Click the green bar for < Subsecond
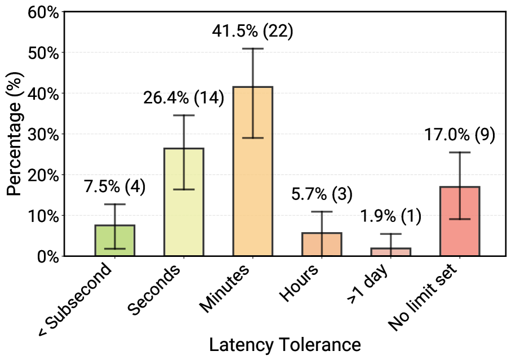click(114, 241)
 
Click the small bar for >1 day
click(391, 252)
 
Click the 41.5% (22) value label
click(252, 32)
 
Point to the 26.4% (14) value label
click(183, 98)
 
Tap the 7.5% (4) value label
click(114, 187)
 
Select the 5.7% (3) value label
click(322, 194)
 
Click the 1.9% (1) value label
click(390, 217)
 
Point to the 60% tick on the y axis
click(43, 12)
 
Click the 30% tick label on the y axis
click(43, 134)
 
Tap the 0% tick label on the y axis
click(47, 256)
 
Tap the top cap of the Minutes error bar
click(253, 49)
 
